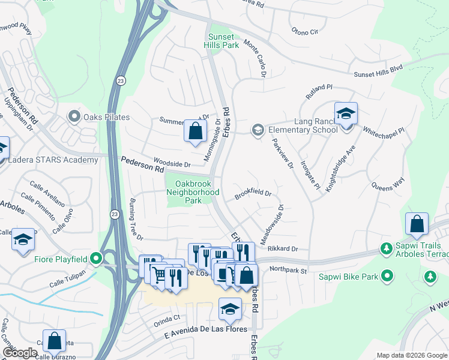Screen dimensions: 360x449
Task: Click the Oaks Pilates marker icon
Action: pos(74,116)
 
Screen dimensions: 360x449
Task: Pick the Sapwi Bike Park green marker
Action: pos(388,276)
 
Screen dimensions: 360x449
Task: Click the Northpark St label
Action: pos(288,270)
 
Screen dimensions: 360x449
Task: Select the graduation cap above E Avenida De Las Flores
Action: pos(229,308)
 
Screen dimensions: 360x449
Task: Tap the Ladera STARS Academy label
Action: pos(53,160)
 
